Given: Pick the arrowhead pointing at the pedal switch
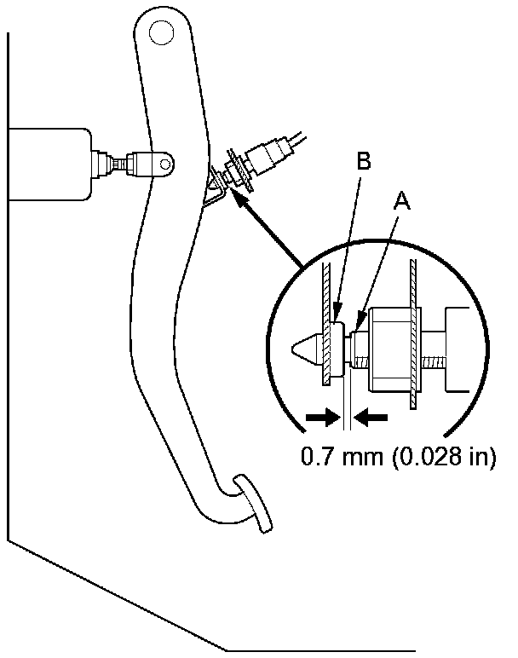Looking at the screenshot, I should coord(236,197).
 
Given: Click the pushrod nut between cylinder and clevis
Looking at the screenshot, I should coord(111,161).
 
